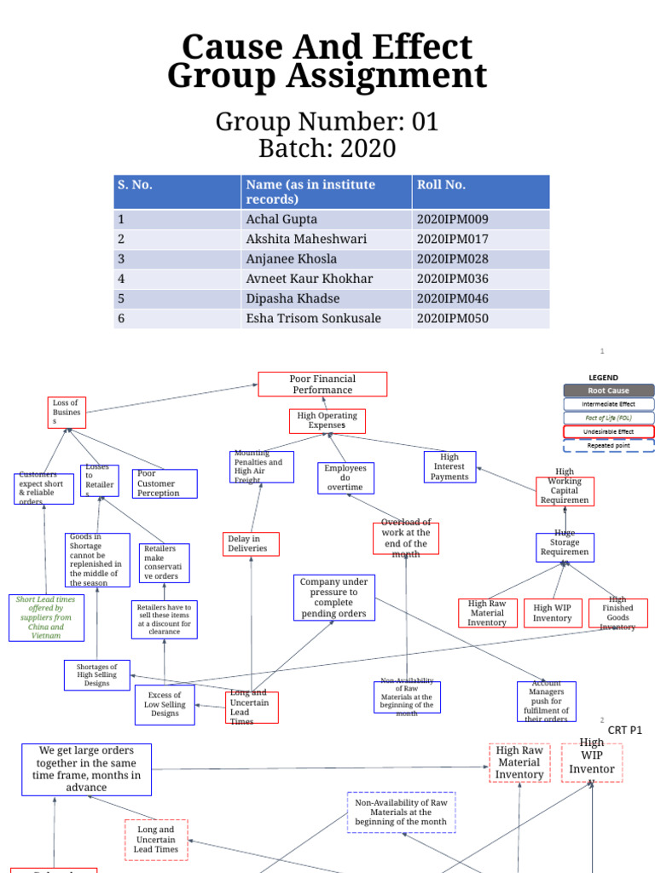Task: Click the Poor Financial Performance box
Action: click(322, 384)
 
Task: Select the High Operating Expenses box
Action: click(327, 420)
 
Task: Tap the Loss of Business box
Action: click(67, 412)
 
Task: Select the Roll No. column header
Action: click(441, 184)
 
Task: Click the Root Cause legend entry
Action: click(608, 390)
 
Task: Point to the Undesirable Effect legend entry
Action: click(608, 431)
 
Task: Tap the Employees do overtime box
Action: click(345, 477)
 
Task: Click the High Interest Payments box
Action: click(449, 467)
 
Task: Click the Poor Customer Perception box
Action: click(165, 483)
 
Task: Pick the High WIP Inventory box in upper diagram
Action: click(552, 612)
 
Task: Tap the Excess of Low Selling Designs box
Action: click(165, 704)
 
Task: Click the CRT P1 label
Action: click(624, 731)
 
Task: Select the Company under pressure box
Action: click(333, 597)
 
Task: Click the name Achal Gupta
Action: click(281, 219)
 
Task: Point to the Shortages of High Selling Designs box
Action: click(96, 674)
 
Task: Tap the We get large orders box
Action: click(87, 769)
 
